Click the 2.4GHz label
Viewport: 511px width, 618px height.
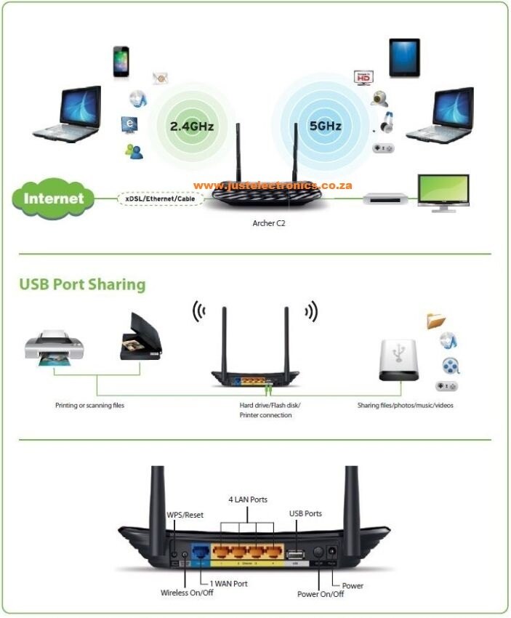point(192,126)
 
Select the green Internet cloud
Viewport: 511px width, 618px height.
point(53,197)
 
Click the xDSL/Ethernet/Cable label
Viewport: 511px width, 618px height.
point(160,198)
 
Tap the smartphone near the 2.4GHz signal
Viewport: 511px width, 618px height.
point(121,62)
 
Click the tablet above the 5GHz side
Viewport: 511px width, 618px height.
point(403,57)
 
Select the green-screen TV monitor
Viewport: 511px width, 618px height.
point(442,192)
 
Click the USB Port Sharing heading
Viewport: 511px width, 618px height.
point(82,284)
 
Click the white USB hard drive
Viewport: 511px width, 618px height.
point(399,358)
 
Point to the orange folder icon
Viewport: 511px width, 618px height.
point(436,320)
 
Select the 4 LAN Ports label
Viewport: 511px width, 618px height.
point(248,499)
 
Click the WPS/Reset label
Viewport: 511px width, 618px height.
point(185,515)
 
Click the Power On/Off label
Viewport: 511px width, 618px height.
point(321,594)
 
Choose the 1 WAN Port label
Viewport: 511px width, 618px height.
point(228,583)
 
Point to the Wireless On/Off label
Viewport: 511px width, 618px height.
point(187,593)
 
